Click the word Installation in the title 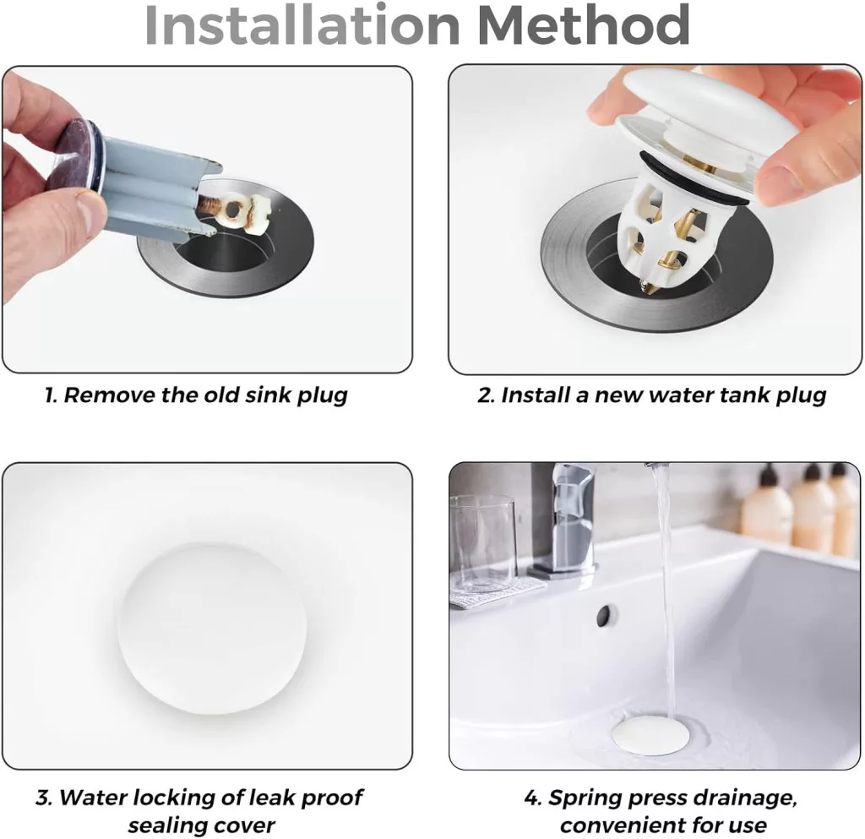[302, 25]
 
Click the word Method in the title [584, 25]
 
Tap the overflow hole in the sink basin [605, 615]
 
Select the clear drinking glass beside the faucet [483, 543]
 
